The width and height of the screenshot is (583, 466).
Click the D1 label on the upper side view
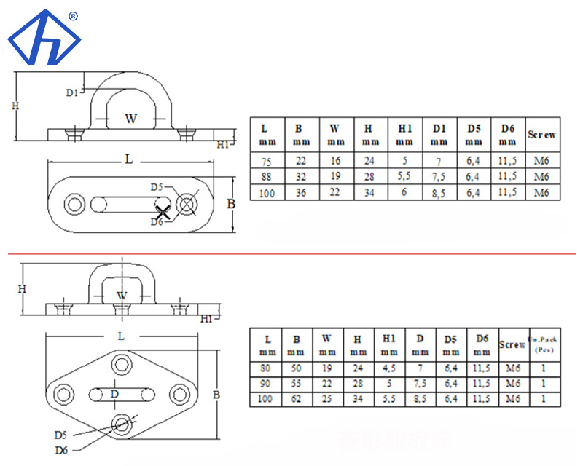[71, 92]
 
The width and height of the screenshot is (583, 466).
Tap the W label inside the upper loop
[130, 118]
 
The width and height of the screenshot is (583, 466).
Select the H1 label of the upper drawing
[223, 145]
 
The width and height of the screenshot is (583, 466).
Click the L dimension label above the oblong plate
[128, 159]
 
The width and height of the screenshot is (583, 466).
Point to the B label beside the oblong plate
[231, 204]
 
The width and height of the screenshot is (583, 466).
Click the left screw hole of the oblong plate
[74, 203]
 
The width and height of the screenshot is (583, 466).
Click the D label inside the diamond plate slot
[114, 394]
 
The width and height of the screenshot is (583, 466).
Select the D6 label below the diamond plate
[62, 450]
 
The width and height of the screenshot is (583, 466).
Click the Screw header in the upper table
[543, 135]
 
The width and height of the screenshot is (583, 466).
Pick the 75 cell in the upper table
[266, 160]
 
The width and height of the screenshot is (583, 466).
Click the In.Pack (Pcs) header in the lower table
[544, 344]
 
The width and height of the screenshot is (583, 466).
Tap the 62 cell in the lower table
[297, 399]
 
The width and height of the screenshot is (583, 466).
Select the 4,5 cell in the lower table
[388, 368]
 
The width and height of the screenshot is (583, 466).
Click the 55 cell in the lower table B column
[297, 384]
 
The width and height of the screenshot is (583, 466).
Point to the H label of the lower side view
[23, 288]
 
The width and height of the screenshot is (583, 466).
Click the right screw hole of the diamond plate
[179, 394]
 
